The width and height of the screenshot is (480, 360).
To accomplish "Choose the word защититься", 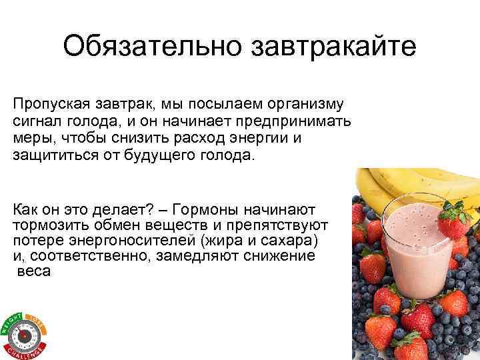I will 51,155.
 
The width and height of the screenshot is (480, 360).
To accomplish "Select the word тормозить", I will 45,224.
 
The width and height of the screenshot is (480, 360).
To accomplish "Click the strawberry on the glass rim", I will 455,223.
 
